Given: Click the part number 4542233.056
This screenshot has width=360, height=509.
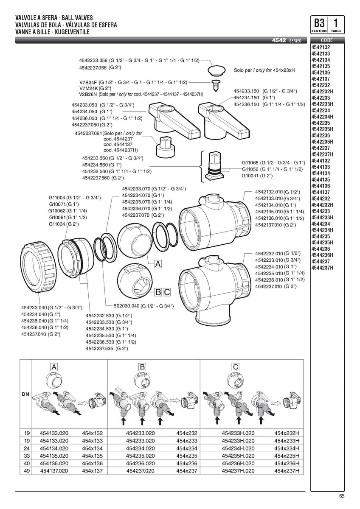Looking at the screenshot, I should (x=94, y=61).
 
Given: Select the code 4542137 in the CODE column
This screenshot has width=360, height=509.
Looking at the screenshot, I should (x=321, y=78).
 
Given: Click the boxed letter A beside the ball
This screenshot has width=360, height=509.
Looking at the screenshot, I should (x=158, y=264).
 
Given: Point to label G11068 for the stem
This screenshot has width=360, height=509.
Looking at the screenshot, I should (x=250, y=162).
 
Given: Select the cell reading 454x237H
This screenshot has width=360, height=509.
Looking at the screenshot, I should (x=287, y=471).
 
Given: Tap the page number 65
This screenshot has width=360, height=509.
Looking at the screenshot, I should (x=342, y=498).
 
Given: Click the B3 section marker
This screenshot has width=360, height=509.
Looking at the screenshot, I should (x=319, y=23).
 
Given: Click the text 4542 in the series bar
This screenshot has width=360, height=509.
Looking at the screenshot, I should (x=279, y=41).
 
